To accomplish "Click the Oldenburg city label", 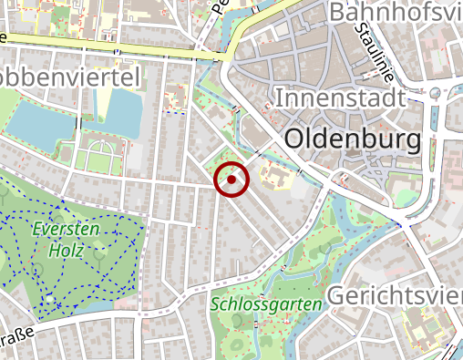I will tap(353, 139).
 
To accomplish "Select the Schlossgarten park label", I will tap(266, 303).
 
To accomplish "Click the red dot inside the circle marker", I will tap(231, 180).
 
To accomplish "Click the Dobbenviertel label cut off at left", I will tap(69, 77).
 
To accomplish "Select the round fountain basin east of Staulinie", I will tap(435, 93).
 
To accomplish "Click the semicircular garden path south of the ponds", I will tap(100, 150).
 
